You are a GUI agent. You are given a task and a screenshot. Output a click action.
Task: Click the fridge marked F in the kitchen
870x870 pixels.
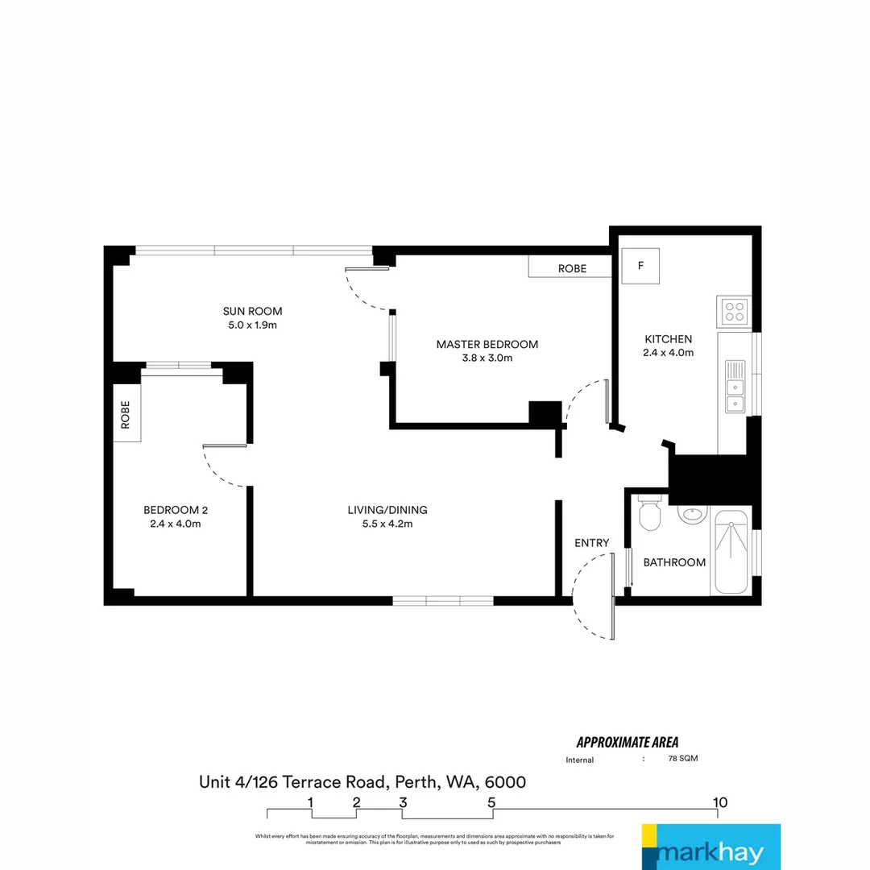641,266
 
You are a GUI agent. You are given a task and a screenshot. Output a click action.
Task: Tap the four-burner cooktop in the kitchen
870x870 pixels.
734,310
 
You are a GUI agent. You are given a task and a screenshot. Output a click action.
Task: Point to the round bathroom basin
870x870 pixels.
690,513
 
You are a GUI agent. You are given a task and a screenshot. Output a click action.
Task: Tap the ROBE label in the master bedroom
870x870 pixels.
572,268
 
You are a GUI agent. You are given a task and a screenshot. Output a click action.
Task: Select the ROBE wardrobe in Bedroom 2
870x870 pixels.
126,413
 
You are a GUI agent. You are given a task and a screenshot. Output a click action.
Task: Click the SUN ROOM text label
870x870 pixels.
252,311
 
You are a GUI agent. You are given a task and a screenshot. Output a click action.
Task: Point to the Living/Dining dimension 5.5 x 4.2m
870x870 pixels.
387,524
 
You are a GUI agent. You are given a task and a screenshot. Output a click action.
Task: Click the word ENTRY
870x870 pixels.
591,543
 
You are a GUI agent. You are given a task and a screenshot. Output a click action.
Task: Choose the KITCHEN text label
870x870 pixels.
668,339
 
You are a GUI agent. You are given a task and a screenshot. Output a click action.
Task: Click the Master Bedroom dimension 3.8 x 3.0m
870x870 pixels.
487,358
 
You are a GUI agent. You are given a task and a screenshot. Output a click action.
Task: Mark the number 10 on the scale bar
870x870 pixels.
720,802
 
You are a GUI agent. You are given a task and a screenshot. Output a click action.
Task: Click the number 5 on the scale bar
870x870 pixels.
491,802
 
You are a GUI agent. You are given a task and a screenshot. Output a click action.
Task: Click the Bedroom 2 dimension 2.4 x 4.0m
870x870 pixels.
175,524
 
